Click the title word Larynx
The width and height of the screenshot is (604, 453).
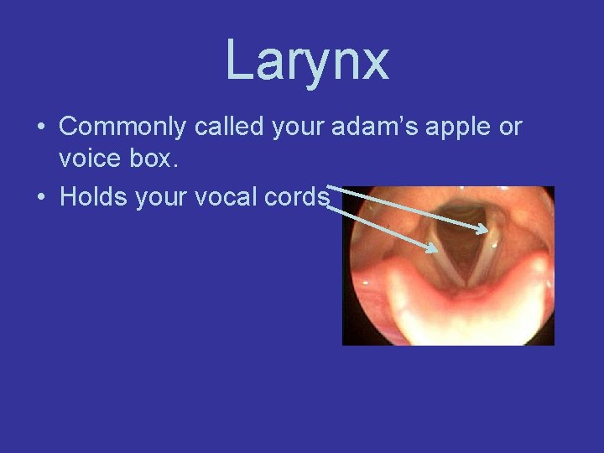click(x=307, y=60)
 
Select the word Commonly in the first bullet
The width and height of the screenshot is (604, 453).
click(x=123, y=128)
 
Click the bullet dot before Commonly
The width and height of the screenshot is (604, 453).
click(x=40, y=128)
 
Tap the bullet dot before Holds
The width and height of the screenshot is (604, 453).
click(x=40, y=198)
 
